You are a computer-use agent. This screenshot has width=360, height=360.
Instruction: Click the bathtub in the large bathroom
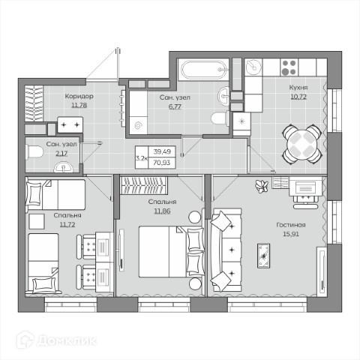tap(204, 70)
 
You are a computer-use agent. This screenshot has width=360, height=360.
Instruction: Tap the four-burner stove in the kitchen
tap(289, 67)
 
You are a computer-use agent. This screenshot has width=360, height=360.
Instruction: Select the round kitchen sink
tap(253, 67)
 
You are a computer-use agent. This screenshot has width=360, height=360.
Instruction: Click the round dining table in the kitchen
tap(302, 144)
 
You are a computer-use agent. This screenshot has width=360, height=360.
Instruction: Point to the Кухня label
tap(298, 88)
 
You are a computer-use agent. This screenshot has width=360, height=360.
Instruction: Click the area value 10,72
tap(298, 97)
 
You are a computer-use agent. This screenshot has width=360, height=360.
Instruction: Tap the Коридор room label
tap(79, 96)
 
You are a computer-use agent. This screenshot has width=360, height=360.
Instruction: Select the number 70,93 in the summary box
tap(162, 163)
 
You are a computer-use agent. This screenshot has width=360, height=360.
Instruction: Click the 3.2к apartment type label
tap(142, 158)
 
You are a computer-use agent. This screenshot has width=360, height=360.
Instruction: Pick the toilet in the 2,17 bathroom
tap(34, 152)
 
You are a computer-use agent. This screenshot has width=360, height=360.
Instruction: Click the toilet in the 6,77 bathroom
tap(220, 118)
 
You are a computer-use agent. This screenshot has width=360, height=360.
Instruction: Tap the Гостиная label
tap(291, 225)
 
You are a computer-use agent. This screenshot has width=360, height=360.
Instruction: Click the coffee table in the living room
tap(263, 256)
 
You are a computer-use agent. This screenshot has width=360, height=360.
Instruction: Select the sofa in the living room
tap(226, 250)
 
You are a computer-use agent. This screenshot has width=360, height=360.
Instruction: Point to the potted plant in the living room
tap(262, 186)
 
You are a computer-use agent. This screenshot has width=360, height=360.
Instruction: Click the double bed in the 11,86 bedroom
tap(172, 252)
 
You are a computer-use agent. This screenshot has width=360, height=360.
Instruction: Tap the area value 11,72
tap(67, 224)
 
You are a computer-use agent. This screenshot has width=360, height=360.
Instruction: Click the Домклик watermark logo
tap(56, 340)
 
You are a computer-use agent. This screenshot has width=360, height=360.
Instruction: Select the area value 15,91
tap(291, 234)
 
